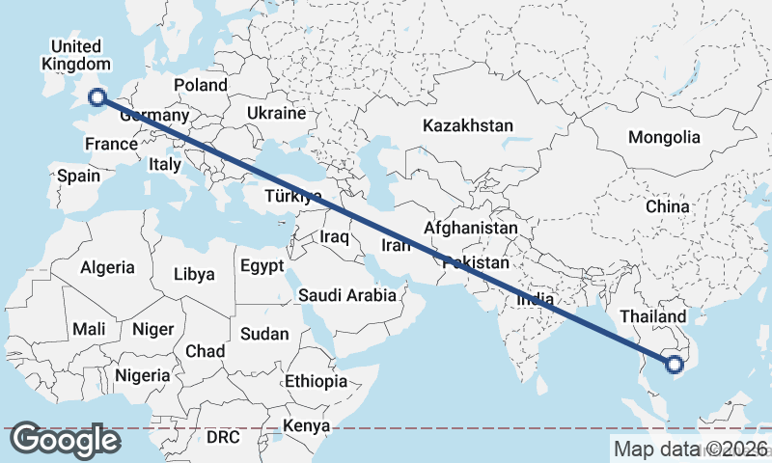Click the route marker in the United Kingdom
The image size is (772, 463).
(x=96, y=95)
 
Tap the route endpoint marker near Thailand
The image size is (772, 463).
(x=675, y=364)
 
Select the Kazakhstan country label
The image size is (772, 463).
(x=467, y=125)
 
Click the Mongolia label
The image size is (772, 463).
(x=664, y=137)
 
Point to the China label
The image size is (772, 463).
(x=668, y=206)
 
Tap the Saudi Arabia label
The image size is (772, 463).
(x=347, y=295)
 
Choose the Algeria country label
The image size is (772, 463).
(x=107, y=267)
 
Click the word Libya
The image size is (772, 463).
(x=194, y=274)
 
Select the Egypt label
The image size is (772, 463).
(x=262, y=265)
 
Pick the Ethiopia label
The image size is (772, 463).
(x=316, y=381)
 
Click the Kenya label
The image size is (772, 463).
(x=306, y=425)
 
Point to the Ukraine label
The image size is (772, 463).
(x=276, y=113)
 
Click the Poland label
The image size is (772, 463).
(x=200, y=85)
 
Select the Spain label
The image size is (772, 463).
(x=78, y=176)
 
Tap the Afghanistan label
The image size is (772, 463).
(x=471, y=228)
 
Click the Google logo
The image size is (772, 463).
(x=66, y=440)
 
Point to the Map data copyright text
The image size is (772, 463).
(x=690, y=449)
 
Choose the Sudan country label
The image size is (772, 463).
(x=263, y=334)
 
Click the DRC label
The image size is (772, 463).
(x=223, y=437)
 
